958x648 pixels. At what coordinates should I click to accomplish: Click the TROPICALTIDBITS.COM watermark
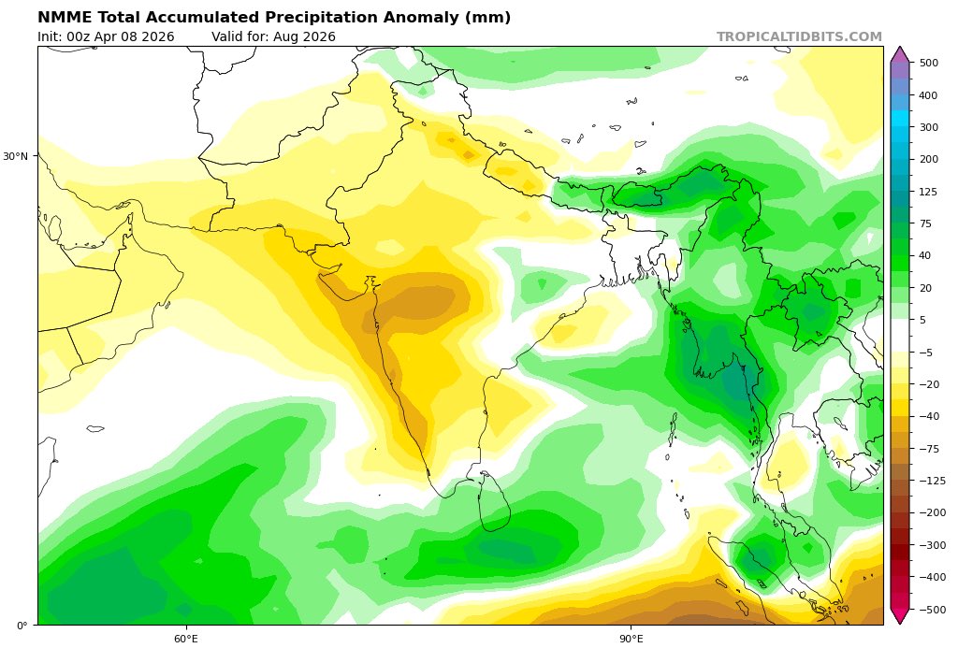click(799, 37)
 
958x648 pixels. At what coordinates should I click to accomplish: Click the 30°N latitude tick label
click(18, 156)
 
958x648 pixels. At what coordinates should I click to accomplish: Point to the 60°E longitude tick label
click(186, 639)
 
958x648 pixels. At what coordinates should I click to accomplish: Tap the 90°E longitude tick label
click(631, 639)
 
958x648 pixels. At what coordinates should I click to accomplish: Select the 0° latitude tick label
click(22, 625)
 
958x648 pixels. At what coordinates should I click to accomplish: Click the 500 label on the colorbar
click(928, 63)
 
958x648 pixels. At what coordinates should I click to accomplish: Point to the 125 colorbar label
click(928, 192)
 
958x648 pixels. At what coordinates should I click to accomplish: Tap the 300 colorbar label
click(928, 127)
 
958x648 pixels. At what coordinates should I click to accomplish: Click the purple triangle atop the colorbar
click(899, 53)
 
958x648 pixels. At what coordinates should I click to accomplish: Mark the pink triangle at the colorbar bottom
click(899, 616)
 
